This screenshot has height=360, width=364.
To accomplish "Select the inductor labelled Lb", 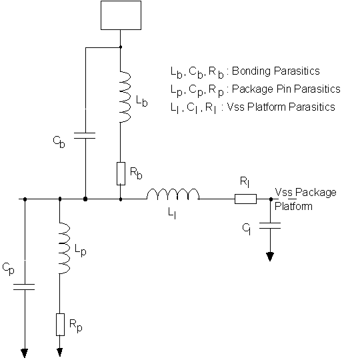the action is pos(125,97).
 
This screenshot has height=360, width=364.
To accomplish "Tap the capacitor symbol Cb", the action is pos(85,136).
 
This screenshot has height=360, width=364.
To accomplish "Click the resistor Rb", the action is pos(121,173).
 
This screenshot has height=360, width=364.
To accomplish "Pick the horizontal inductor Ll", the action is pos(173,194).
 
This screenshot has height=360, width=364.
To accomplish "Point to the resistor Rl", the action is pos(245,199).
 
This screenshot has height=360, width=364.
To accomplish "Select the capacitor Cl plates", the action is pos(270,225).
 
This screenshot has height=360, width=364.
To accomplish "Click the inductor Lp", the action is pos(65,248).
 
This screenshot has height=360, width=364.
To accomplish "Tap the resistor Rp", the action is pos(61,325).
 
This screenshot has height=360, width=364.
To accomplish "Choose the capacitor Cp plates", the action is pos(24,287).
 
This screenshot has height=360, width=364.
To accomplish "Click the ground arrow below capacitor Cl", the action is pos(270,257).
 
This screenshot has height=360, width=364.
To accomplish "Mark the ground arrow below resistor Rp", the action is pos(60,352).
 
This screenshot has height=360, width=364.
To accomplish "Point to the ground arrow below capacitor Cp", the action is pos(25,353).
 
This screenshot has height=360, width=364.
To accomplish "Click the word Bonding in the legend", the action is pos(251,71).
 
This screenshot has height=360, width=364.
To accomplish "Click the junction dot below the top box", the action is pos(121,47).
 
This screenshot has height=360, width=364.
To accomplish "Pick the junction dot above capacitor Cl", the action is pos(271,199).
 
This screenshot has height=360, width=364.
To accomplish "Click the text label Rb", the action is pos(136,173).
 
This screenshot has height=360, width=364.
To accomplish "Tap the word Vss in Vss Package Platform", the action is pos(284,193).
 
